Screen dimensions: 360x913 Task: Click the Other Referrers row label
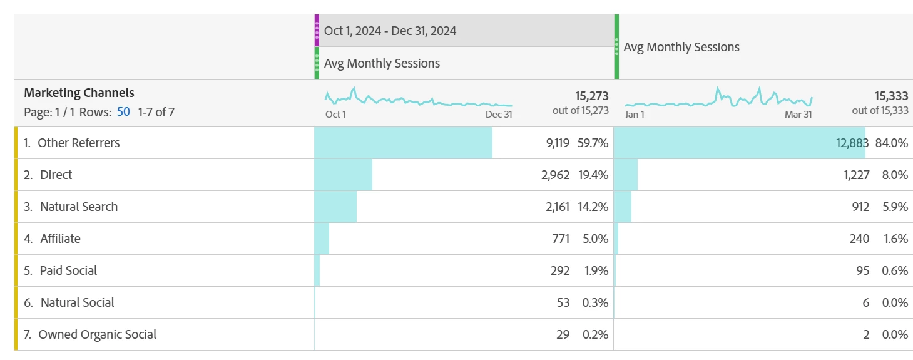[78, 143]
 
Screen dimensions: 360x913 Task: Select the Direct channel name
[56, 175]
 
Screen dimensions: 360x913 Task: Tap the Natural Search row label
[78, 207]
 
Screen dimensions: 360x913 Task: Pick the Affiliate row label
[60, 239]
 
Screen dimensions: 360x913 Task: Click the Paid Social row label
[68, 270]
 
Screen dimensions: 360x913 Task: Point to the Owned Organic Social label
[97, 334]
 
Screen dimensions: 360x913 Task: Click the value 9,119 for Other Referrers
[558, 143]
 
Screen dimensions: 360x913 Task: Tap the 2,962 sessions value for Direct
[555, 175]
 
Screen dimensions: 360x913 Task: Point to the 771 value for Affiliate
[560, 239]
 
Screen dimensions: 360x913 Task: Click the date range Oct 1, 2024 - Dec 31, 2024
[390, 31]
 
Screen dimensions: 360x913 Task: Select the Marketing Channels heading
[79, 93]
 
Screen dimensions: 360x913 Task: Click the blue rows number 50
[123, 113]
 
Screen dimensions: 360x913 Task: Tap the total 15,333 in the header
[891, 96]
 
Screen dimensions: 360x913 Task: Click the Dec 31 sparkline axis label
[499, 115]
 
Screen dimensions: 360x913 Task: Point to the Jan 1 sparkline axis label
[635, 115]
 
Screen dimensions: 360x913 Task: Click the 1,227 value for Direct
[856, 175]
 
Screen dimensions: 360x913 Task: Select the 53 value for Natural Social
[563, 302]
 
